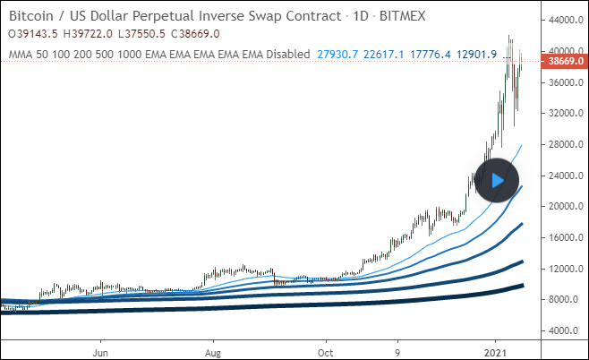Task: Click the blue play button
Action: (497, 179)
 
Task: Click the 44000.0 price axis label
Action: (561, 20)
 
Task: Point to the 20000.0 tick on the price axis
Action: (561, 206)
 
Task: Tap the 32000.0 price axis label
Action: (561, 113)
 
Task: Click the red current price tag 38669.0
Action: (561, 61)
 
